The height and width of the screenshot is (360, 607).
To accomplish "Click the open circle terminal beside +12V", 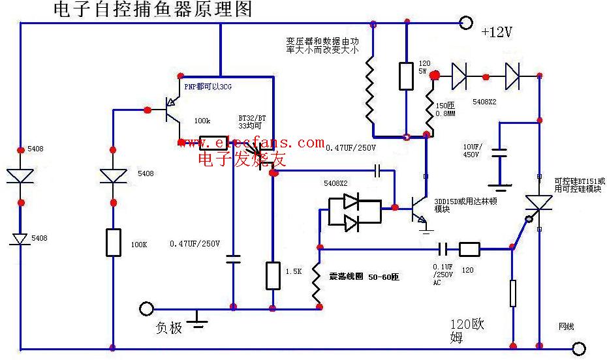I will tap(466, 23).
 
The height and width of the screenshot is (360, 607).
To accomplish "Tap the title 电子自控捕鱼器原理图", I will tap(151, 10).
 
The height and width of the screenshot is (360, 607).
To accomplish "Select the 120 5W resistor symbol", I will tap(406, 76).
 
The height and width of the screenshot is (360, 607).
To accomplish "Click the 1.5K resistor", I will tap(273, 275).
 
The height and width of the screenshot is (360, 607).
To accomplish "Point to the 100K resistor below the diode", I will tap(113, 243).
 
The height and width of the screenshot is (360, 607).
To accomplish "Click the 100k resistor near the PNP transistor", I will tap(213, 142).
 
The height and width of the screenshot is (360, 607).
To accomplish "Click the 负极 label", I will tap(168, 327).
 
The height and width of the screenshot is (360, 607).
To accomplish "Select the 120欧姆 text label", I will tap(467, 330).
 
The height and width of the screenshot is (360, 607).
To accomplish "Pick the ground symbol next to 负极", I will tap(198, 318).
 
